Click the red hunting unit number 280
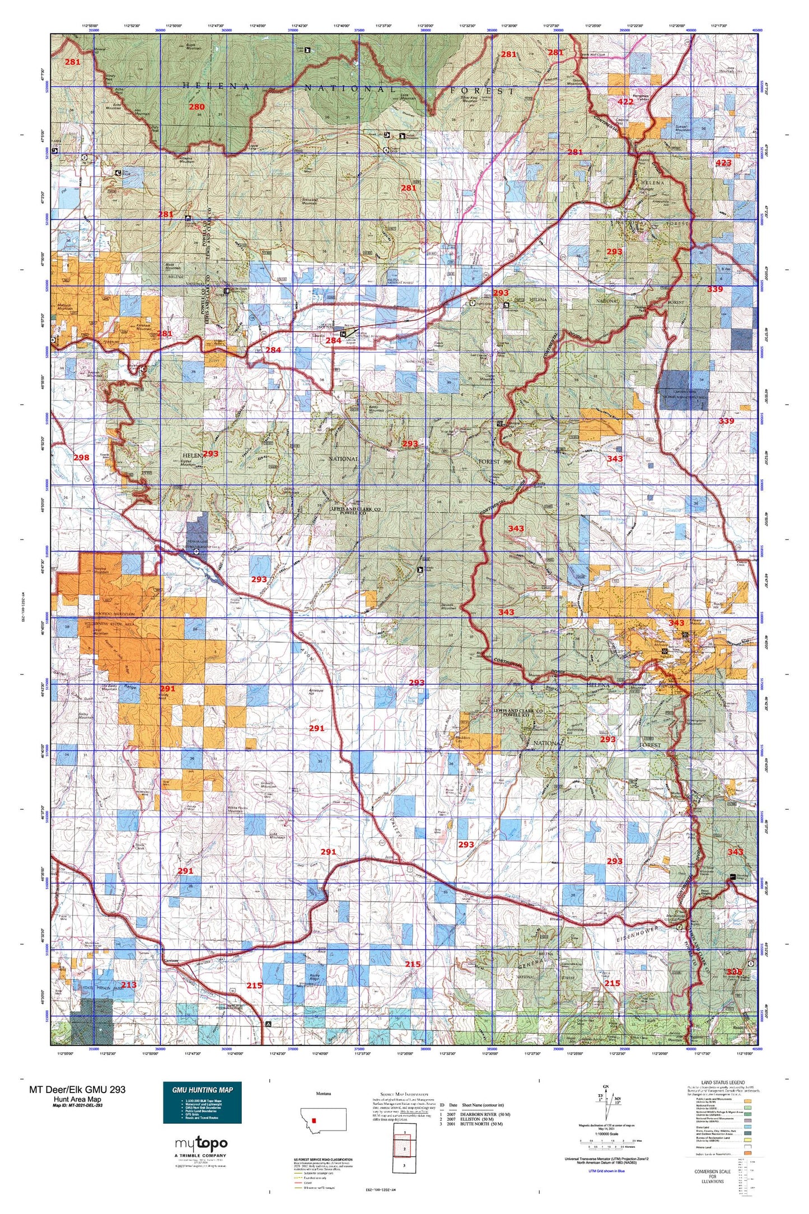pyautogui.click(x=197, y=107)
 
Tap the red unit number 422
pyautogui.click(x=625, y=102)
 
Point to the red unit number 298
pyautogui.click(x=81, y=457)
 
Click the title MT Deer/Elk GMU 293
pyautogui.click(x=77, y=1089)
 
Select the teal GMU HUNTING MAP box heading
pyautogui.click(x=202, y=1090)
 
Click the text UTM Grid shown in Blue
pyautogui.click(x=606, y=1170)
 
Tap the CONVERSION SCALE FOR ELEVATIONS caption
pyautogui.click(x=712, y=1176)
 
